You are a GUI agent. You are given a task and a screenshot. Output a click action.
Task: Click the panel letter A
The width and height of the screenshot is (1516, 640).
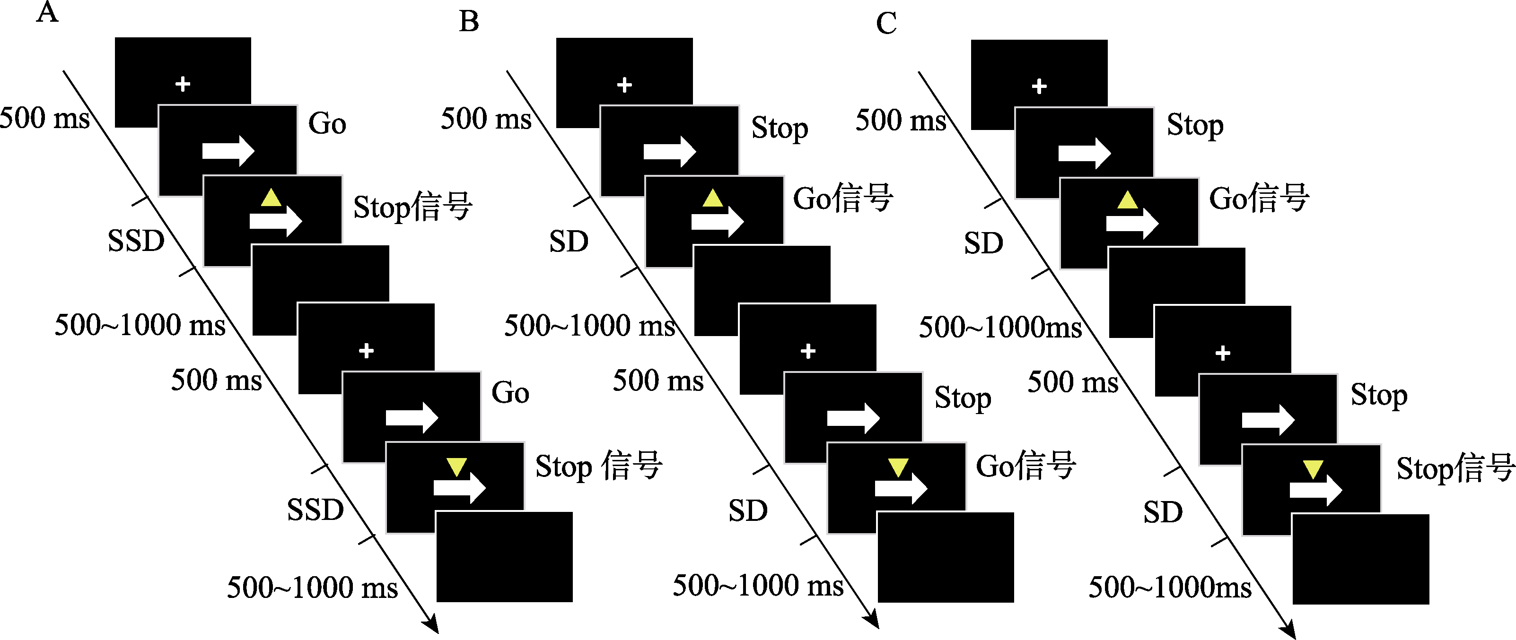coord(48,12)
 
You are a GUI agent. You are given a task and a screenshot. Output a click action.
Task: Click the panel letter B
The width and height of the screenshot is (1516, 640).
coord(469,22)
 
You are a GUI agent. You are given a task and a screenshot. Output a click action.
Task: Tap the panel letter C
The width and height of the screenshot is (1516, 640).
coord(886,24)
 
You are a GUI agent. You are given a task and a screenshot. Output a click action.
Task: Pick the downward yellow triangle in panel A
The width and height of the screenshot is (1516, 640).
coord(456,467)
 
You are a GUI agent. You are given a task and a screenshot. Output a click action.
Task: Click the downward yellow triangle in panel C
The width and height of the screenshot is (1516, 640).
coord(1314,469)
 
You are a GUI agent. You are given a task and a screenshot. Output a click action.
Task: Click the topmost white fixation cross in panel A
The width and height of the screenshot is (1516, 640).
coord(183,84)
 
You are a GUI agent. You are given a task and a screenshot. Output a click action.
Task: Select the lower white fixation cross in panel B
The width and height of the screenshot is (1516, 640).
coord(808,351)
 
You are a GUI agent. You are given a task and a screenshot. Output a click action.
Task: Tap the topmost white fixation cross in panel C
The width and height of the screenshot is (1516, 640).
coord(1039,86)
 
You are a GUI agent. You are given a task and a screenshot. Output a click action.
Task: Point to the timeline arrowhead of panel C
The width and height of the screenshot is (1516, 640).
coord(1290,630)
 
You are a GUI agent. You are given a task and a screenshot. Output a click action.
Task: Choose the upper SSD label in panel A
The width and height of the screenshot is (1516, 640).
coord(136,241)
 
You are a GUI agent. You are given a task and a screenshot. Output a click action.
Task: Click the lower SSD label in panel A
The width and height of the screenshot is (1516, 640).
coord(315,510)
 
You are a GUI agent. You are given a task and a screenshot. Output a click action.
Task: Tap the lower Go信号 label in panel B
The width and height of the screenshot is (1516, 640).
coord(1026,466)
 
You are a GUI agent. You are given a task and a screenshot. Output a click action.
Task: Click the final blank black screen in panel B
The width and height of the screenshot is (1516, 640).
coord(946,557)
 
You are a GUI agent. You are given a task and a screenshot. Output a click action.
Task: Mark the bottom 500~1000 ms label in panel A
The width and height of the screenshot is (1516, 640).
coord(313,588)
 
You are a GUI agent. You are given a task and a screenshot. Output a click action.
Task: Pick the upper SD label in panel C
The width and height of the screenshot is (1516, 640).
coord(983,243)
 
